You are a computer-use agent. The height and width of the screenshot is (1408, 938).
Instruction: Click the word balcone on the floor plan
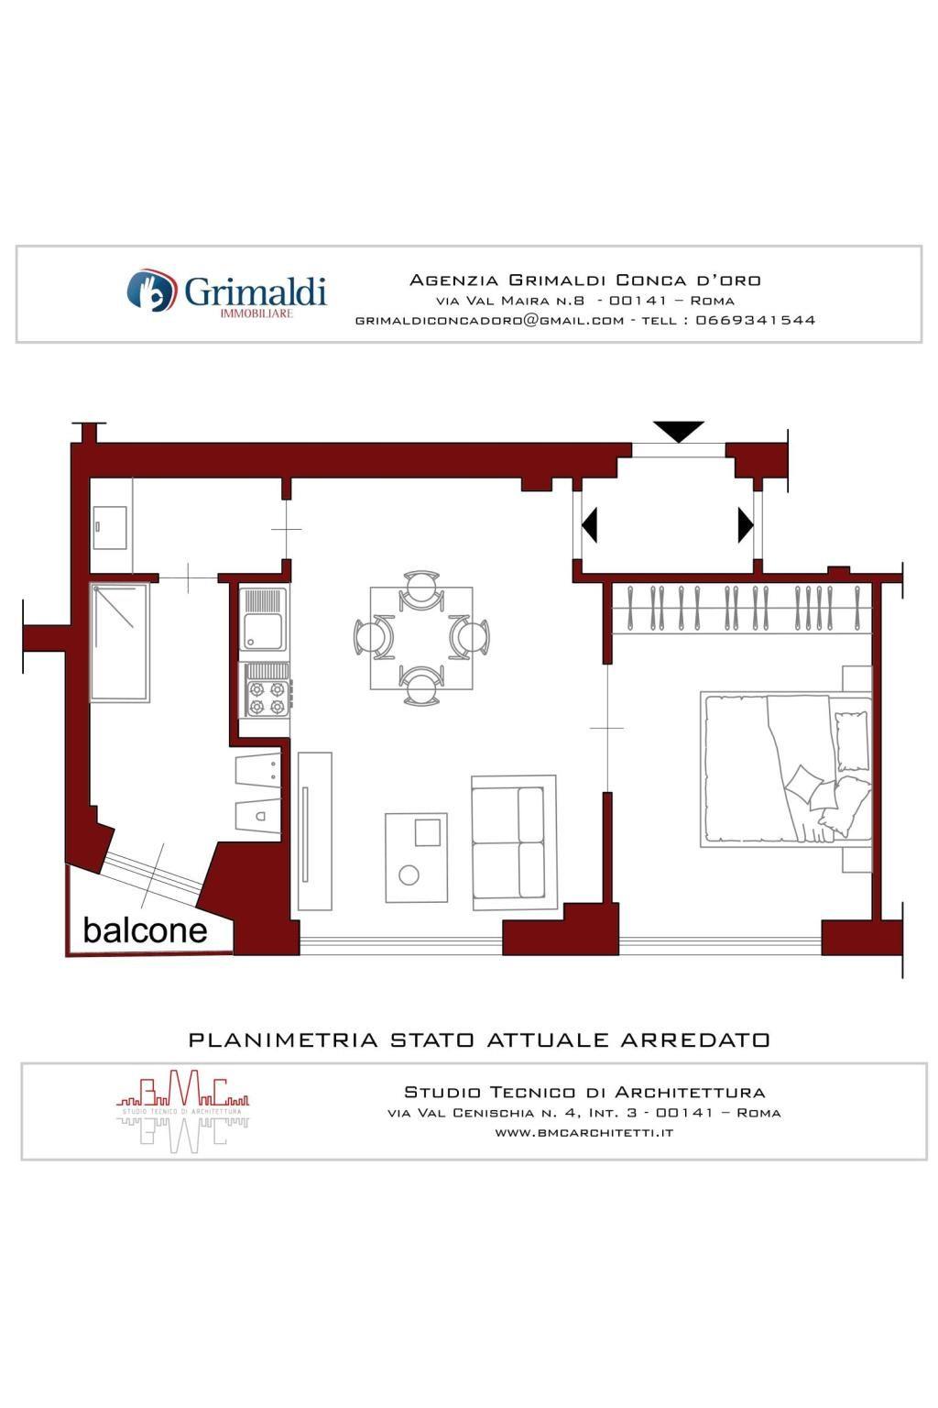click(145, 931)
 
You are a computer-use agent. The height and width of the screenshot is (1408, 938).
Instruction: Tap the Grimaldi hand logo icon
click(150, 290)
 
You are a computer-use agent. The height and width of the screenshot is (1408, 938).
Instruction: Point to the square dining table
click(421, 638)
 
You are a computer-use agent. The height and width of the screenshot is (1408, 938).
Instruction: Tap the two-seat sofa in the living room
click(513, 842)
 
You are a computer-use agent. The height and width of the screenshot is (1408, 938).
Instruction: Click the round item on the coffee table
click(409, 875)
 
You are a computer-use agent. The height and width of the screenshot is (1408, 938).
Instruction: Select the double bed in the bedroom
click(786, 770)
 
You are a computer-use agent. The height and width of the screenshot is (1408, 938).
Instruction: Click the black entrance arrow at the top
click(679, 432)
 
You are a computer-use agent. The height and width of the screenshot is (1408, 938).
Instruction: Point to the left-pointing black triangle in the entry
click(589, 525)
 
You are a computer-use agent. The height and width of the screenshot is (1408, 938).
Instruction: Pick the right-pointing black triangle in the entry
click(746, 525)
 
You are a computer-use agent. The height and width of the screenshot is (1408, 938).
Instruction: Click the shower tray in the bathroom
click(120, 643)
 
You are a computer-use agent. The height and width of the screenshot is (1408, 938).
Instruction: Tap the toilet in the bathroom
click(257, 817)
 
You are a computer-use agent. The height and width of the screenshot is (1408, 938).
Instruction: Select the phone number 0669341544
click(755, 320)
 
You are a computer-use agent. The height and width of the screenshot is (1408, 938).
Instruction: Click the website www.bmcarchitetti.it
click(584, 1133)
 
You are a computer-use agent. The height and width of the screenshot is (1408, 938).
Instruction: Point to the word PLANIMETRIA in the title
click(283, 1039)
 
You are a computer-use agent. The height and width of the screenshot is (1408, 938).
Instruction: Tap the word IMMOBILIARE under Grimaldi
click(256, 313)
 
